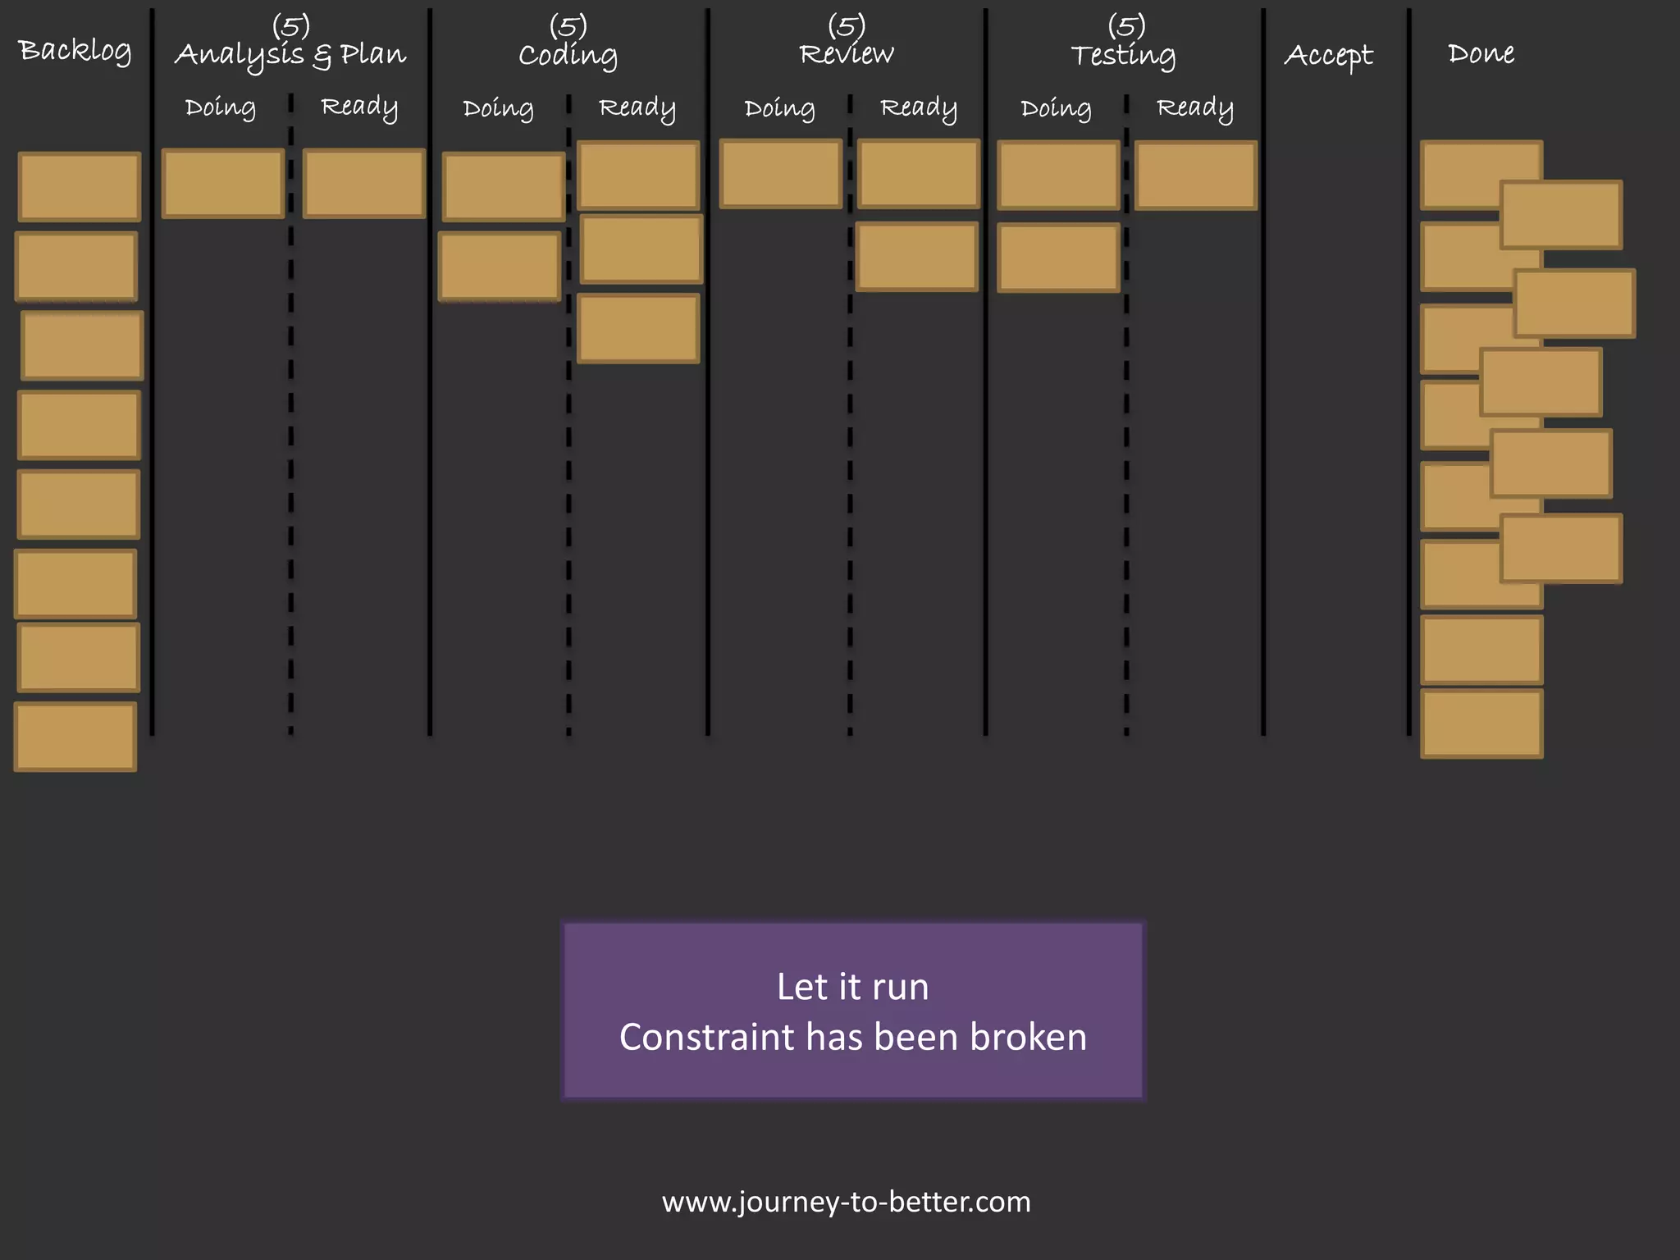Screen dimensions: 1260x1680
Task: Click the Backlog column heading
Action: (x=75, y=51)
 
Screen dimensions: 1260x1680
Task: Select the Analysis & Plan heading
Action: (x=290, y=55)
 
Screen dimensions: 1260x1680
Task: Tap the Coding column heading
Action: (x=568, y=55)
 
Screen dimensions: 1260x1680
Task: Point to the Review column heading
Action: (x=847, y=54)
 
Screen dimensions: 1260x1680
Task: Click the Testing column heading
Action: (x=1124, y=55)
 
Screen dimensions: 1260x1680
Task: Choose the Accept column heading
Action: (x=1328, y=55)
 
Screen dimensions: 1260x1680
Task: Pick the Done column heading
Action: (x=1481, y=53)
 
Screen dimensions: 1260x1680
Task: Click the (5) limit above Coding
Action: (x=568, y=25)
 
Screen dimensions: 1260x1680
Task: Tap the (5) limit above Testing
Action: (x=1125, y=25)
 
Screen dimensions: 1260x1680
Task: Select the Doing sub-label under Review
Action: (x=779, y=108)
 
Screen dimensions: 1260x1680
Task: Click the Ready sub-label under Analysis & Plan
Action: (x=359, y=107)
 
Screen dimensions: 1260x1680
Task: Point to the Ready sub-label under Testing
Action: (x=1194, y=108)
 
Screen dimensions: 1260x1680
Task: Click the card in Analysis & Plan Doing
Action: (x=223, y=184)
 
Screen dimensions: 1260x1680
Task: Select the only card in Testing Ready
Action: (x=1195, y=176)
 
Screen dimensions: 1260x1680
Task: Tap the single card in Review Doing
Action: (x=780, y=174)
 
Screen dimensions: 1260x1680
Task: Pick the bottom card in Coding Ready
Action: (x=638, y=328)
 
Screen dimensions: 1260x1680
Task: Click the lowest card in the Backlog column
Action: (x=75, y=737)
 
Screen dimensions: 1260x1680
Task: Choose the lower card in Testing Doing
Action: (x=1058, y=258)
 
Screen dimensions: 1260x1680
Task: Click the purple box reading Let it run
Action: (x=852, y=1011)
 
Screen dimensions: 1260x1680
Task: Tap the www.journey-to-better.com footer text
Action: (x=846, y=1202)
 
